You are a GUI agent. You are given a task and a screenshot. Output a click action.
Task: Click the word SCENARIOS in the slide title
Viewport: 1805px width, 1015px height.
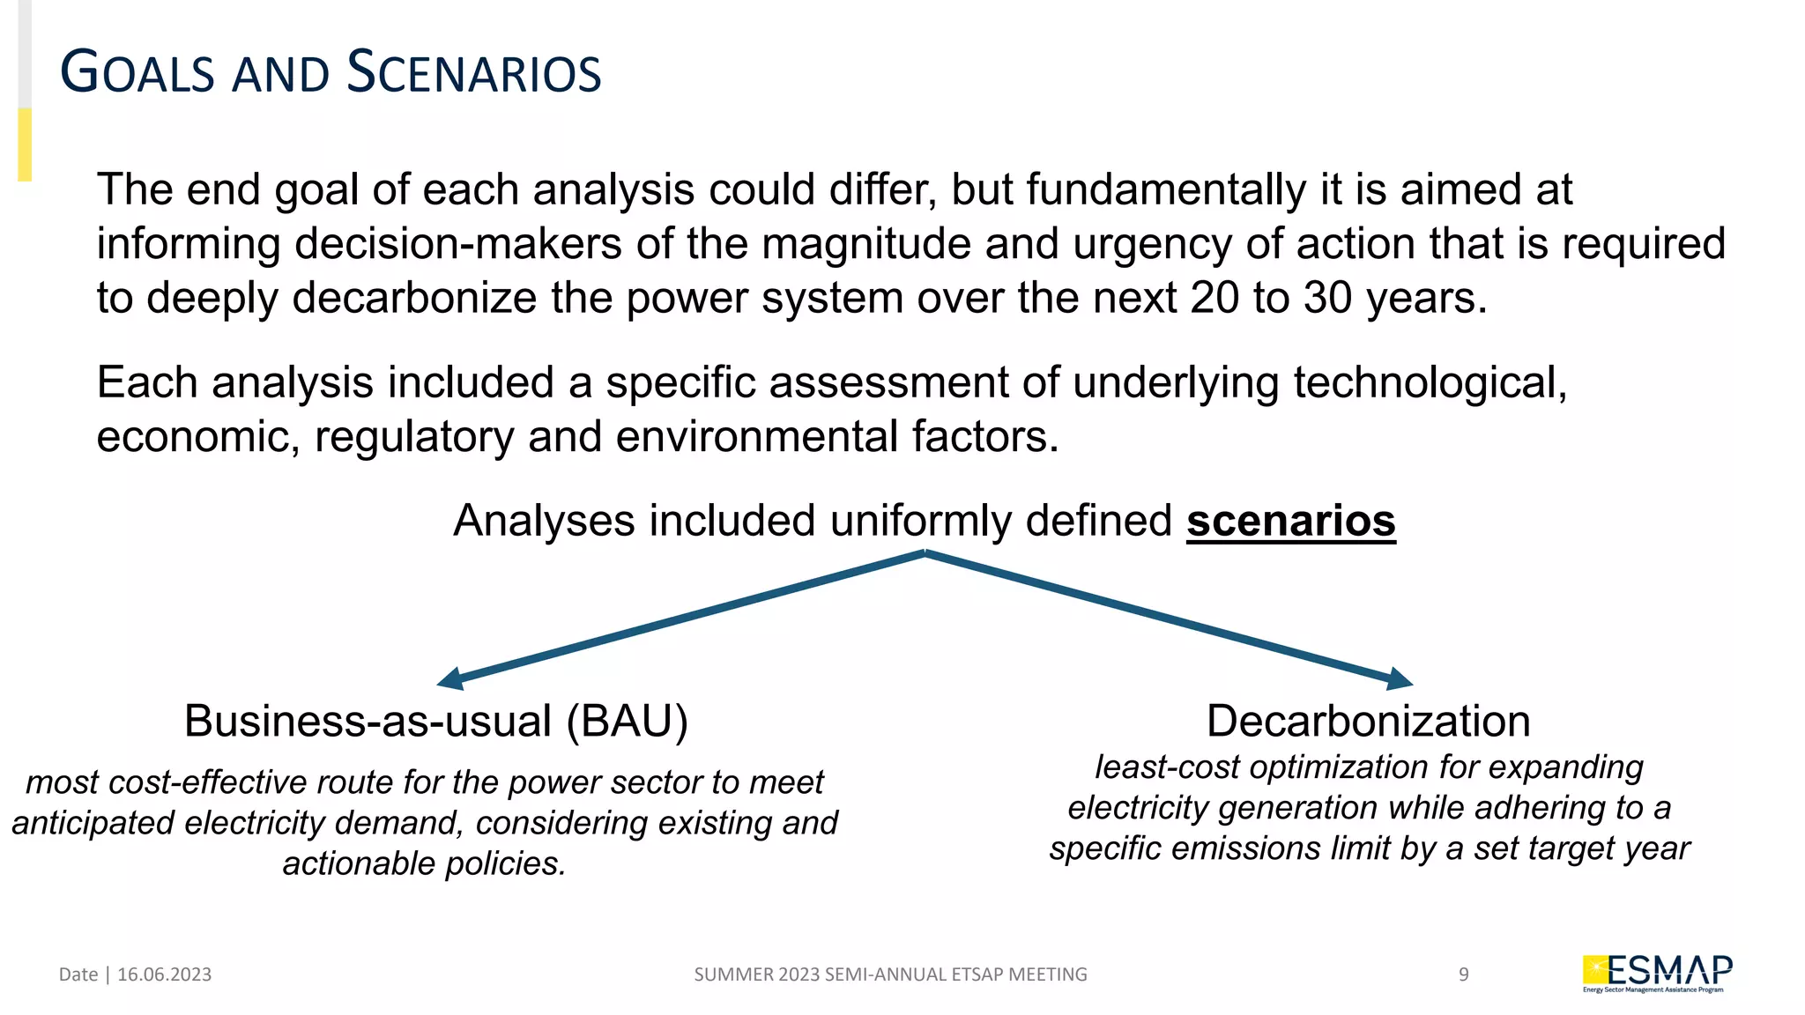click(474, 72)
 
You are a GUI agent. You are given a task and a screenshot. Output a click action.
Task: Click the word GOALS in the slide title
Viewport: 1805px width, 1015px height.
click(137, 72)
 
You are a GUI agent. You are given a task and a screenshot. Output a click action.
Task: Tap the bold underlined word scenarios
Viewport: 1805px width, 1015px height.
click(1290, 521)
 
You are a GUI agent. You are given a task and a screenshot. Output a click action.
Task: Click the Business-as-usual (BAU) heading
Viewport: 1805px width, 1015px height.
click(435, 721)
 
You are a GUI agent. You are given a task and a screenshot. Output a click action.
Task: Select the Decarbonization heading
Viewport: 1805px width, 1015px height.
click(1368, 721)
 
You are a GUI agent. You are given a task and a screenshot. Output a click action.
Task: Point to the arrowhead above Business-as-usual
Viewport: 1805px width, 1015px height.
click(450, 678)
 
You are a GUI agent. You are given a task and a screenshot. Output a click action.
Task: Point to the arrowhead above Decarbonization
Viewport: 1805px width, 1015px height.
click(1400, 678)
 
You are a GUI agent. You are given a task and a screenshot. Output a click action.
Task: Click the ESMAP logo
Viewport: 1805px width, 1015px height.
click(1657, 974)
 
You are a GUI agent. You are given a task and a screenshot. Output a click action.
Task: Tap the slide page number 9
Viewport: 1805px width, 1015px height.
click(1464, 974)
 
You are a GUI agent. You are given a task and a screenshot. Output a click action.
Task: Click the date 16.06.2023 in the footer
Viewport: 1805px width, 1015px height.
click(164, 974)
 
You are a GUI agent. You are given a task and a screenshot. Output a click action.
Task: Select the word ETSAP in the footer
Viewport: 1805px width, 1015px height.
click(978, 974)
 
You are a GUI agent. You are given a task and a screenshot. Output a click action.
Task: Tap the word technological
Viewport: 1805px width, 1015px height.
click(1430, 383)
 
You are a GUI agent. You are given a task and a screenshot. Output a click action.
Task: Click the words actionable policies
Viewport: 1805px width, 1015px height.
click(424, 863)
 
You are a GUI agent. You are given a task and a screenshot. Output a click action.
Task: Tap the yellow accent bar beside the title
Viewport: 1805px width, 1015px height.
click(25, 144)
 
